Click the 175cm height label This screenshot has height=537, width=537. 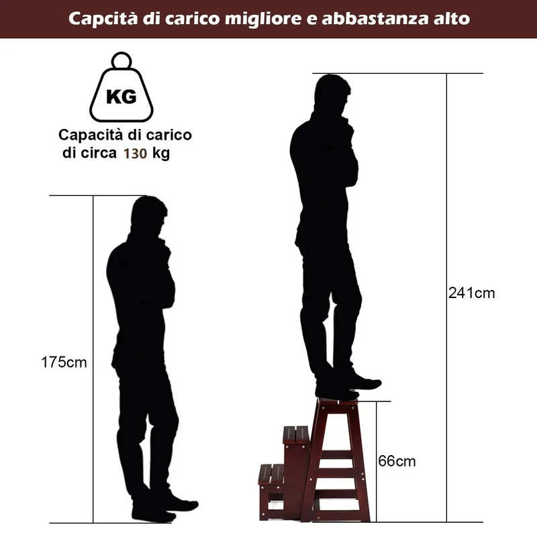(64, 362)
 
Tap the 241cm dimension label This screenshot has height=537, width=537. (472, 293)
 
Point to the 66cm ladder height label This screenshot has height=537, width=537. (397, 461)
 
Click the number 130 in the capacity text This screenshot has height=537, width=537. (136, 154)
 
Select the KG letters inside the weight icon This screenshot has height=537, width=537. (121, 97)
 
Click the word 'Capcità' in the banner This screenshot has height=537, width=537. (103, 19)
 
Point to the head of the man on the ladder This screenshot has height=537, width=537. (332, 93)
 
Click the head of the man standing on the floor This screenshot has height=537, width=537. (149, 215)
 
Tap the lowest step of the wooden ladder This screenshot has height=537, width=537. (271, 473)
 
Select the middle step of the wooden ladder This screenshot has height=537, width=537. (296, 434)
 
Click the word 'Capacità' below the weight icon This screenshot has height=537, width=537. (91, 136)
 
